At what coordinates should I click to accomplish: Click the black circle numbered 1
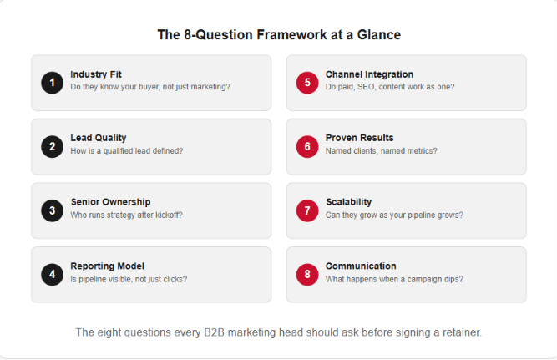point(53,83)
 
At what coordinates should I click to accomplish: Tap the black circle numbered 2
point(53,146)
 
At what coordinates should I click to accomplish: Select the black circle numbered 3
point(53,210)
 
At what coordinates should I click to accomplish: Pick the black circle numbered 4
point(53,274)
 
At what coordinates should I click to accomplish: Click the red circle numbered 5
point(307,83)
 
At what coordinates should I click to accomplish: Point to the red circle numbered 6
point(307,146)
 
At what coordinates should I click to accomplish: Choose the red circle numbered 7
point(307,210)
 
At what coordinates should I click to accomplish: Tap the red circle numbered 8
point(307,274)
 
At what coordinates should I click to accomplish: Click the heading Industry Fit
point(96,74)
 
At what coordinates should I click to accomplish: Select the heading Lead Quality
point(99,138)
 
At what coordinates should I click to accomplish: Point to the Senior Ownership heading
point(110,202)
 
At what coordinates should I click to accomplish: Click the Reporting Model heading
point(107,266)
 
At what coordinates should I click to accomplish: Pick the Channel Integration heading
point(369,74)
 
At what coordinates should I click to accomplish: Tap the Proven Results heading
point(359,138)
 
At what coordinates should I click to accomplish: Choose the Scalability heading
point(349,202)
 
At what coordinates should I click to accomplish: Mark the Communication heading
point(361,266)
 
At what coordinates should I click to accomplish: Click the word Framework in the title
point(291,35)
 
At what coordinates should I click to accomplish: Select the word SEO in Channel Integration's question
point(366,87)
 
